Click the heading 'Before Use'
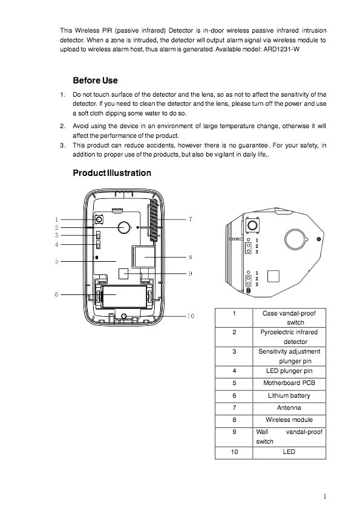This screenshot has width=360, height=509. [x=95, y=80]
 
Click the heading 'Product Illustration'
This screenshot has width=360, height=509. [x=112, y=173]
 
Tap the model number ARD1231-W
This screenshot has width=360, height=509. [x=280, y=49]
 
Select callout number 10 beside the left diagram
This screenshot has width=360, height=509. [x=190, y=316]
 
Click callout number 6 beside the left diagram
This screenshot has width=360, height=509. [x=56, y=294]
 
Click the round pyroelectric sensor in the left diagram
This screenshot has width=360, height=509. [x=123, y=227]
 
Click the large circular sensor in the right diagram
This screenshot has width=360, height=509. [x=296, y=239]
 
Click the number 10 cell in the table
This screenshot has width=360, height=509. [x=234, y=452]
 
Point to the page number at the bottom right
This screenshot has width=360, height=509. [x=325, y=496]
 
